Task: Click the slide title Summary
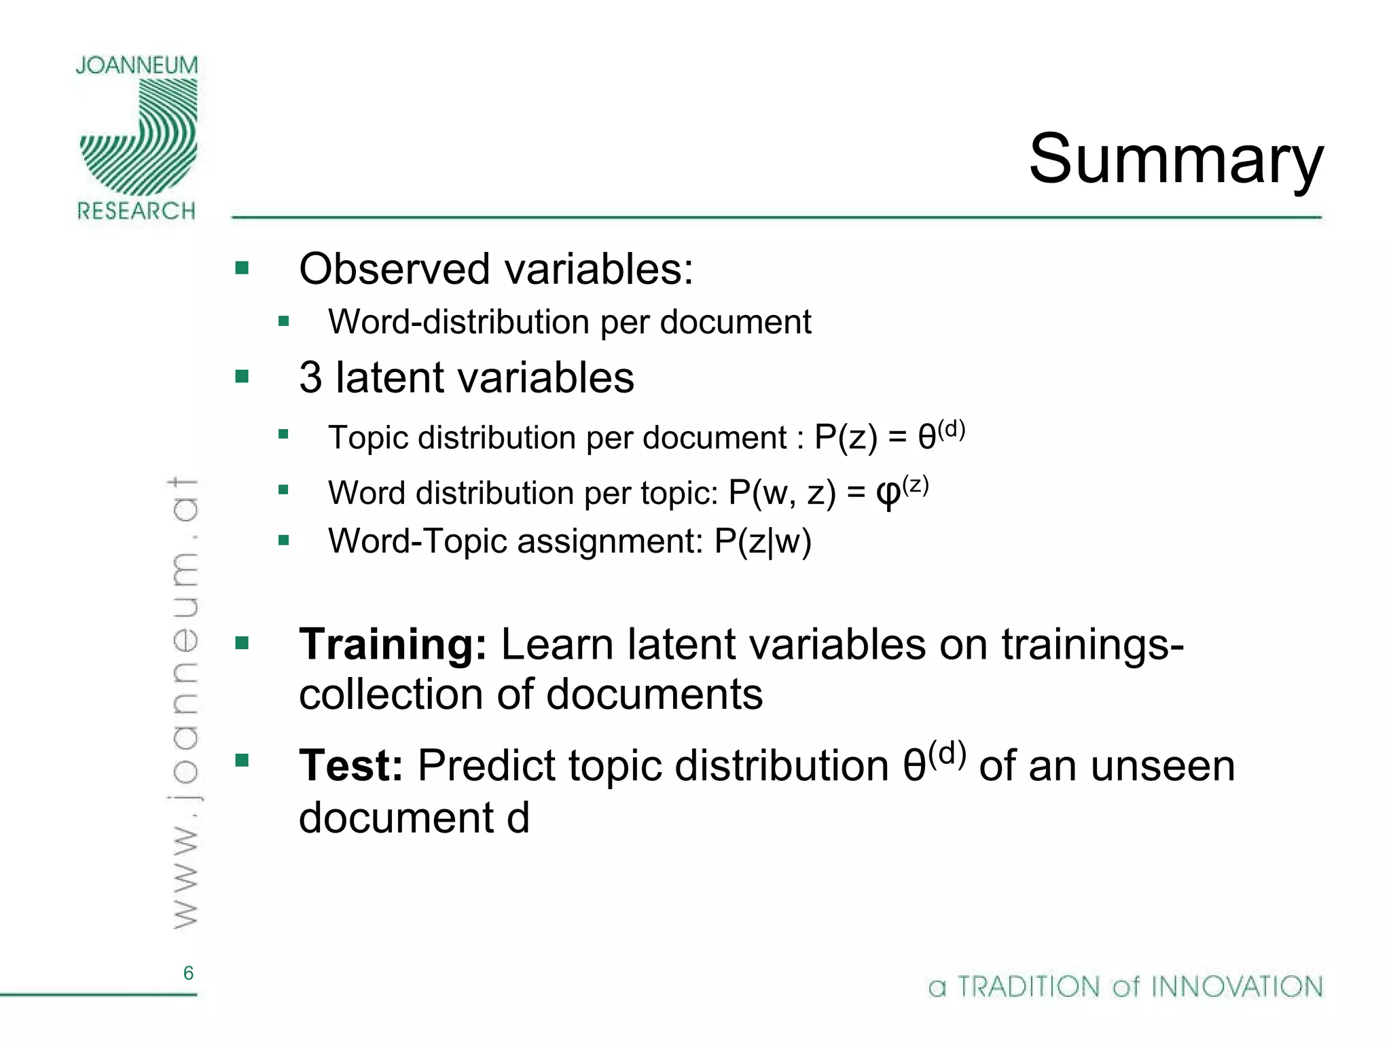(1176, 160)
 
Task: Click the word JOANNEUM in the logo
(137, 65)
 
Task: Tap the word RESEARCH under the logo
(137, 211)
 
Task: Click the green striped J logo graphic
(140, 136)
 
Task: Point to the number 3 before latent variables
(310, 378)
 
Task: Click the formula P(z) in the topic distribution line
(846, 437)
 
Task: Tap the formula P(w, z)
(782, 492)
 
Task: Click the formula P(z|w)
(763, 542)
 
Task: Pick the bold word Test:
(351, 765)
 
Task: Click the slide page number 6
(188, 973)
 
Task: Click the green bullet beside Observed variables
(242, 268)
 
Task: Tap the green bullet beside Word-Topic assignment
(284, 541)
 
